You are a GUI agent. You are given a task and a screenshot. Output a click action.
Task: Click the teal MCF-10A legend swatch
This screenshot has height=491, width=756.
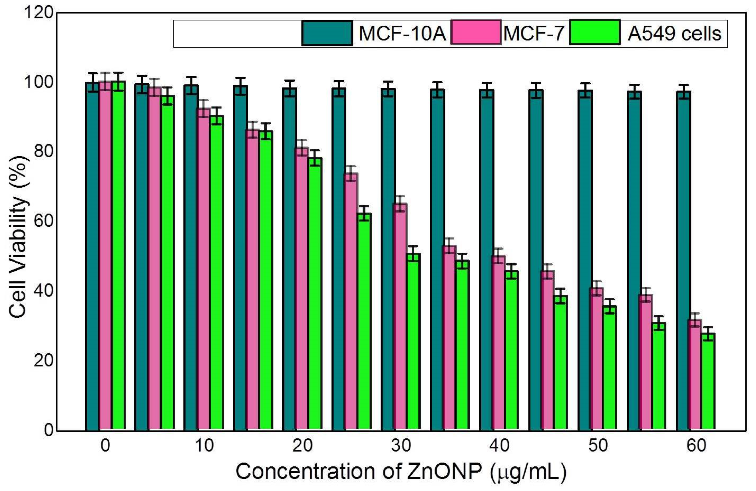point(327,33)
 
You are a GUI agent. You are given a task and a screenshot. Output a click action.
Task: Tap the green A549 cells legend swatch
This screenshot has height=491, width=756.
point(595,32)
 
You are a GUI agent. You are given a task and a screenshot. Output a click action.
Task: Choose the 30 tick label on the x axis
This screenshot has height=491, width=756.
point(401,446)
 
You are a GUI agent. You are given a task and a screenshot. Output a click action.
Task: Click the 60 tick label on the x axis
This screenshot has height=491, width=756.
point(697,446)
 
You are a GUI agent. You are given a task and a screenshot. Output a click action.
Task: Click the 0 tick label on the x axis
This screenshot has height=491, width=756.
point(105,446)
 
